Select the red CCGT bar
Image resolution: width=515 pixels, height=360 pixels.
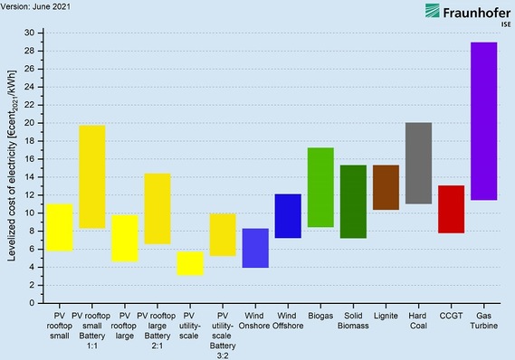tap(451, 209)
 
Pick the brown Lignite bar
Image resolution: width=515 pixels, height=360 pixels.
tap(386, 187)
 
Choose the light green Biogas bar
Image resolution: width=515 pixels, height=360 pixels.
tap(320, 187)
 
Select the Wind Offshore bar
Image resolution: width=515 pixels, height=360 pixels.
tap(288, 216)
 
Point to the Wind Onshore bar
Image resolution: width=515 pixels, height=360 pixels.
tap(255, 248)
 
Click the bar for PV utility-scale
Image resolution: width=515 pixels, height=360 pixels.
tap(190, 263)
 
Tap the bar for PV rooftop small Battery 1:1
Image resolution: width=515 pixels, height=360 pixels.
tap(92, 176)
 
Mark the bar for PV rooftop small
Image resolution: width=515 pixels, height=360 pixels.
tap(60, 227)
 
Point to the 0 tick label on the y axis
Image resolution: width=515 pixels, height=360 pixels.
tap(32, 303)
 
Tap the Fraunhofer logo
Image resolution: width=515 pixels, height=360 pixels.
tap(463, 14)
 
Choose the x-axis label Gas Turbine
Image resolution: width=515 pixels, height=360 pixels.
tap(484, 322)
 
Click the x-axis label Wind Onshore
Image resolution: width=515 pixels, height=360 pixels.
tap(255, 322)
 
